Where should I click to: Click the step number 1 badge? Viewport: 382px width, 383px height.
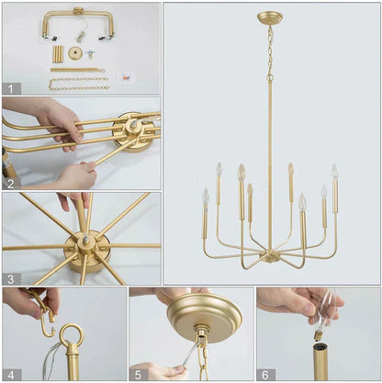(x=11, y=88)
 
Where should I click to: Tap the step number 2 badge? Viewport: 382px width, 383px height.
(x=11, y=183)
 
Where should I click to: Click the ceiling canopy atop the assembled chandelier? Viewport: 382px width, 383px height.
(x=270, y=17)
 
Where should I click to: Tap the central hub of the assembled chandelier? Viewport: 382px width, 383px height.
(x=270, y=249)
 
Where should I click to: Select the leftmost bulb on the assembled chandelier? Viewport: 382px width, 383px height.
(x=206, y=197)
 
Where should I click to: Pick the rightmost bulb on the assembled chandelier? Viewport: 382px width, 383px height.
(x=334, y=172)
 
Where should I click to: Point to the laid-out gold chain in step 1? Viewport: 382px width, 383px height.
(x=78, y=84)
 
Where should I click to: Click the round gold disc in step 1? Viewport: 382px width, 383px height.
(x=75, y=53)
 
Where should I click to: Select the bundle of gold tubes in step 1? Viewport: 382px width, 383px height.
(x=57, y=53)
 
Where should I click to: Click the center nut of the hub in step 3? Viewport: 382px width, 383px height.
(x=84, y=241)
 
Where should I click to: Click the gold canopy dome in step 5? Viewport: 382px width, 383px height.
(x=205, y=315)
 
